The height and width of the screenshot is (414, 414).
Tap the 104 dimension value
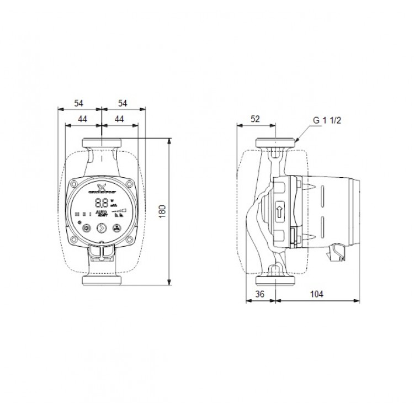(x=316, y=295)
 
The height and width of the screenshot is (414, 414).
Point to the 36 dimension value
(x=261, y=295)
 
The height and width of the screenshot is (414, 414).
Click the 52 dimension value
(x=255, y=118)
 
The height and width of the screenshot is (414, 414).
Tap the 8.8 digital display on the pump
(x=101, y=203)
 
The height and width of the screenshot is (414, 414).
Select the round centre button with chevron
(x=102, y=226)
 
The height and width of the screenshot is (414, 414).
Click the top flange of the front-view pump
(x=101, y=144)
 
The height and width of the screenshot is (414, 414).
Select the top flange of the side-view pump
(x=274, y=144)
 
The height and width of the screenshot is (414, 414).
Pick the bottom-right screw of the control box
(x=129, y=240)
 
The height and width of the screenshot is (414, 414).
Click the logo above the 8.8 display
(x=102, y=187)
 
